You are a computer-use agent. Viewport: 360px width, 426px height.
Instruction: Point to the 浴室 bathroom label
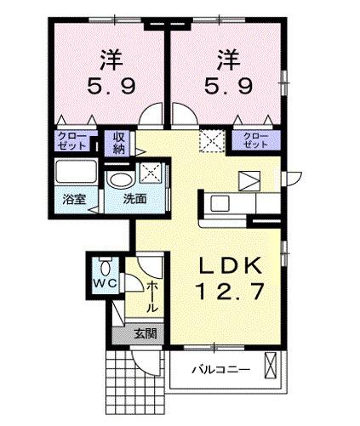point(74,200)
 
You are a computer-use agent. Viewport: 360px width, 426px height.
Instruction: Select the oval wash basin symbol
point(119,179)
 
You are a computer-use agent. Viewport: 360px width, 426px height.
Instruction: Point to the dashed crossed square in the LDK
point(209,139)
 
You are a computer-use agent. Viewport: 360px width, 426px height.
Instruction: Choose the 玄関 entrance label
point(144,334)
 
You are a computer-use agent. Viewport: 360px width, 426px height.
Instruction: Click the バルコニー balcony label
point(220,370)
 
